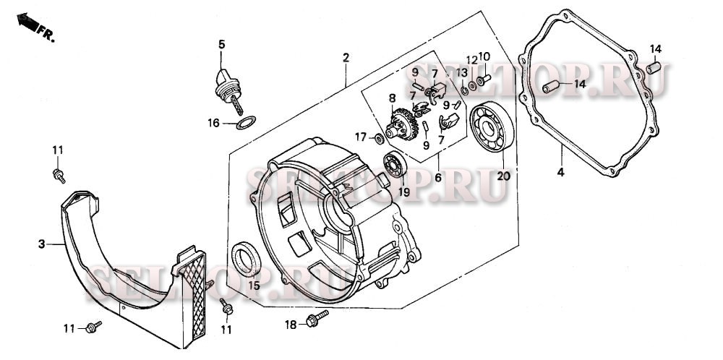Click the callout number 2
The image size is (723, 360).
[x=346, y=57]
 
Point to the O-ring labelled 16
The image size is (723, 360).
[x=245, y=122]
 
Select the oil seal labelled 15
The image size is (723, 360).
[x=246, y=259]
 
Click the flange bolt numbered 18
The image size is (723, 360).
[x=317, y=319]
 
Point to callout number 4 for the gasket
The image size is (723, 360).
[x=560, y=172]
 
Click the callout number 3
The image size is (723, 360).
[x=42, y=244]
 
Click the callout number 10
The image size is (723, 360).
[x=484, y=56]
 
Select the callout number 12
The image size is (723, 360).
[x=471, y=59]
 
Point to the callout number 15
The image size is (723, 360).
[x=254, y=285]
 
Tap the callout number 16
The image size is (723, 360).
[x=213, y=123]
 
